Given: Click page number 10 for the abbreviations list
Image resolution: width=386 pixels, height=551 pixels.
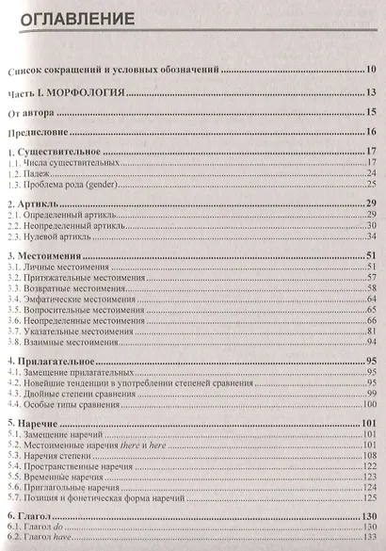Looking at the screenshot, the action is tap(372, 70).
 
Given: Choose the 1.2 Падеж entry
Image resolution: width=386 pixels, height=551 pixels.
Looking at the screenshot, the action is tap(41, 173).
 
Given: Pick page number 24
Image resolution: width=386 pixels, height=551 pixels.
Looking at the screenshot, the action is tap(372, 173).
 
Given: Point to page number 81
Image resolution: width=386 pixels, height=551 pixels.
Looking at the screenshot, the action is tap(372, 330).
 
